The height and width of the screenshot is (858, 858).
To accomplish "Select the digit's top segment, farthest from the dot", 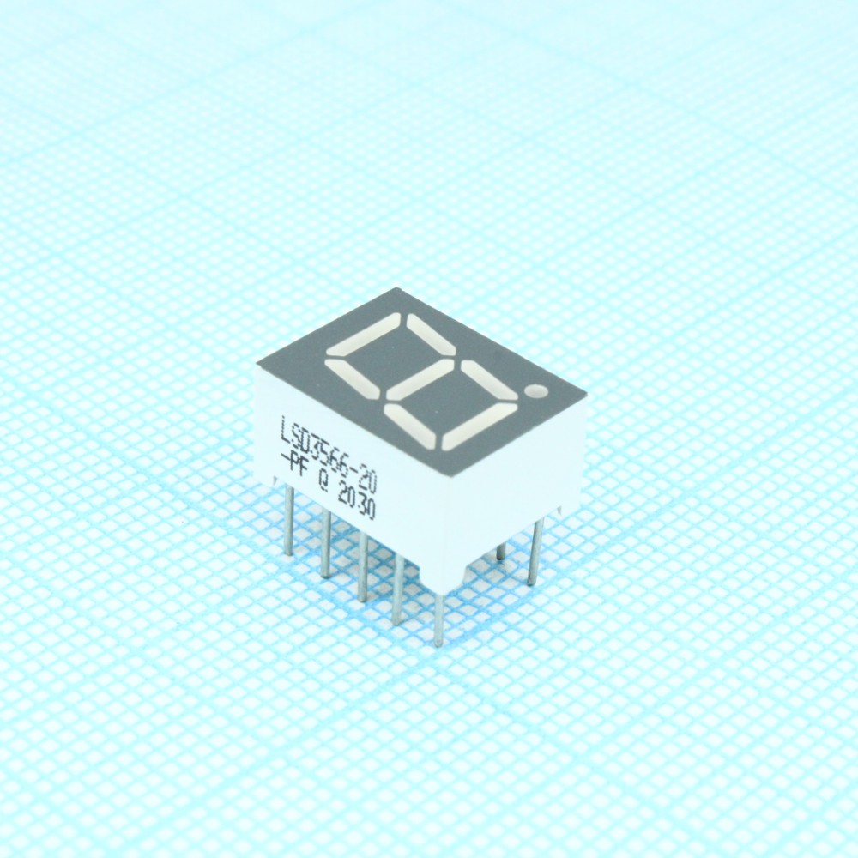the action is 360,335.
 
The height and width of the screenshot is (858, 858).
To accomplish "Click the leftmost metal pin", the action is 289,519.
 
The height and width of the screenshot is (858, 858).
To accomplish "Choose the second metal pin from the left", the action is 326,545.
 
